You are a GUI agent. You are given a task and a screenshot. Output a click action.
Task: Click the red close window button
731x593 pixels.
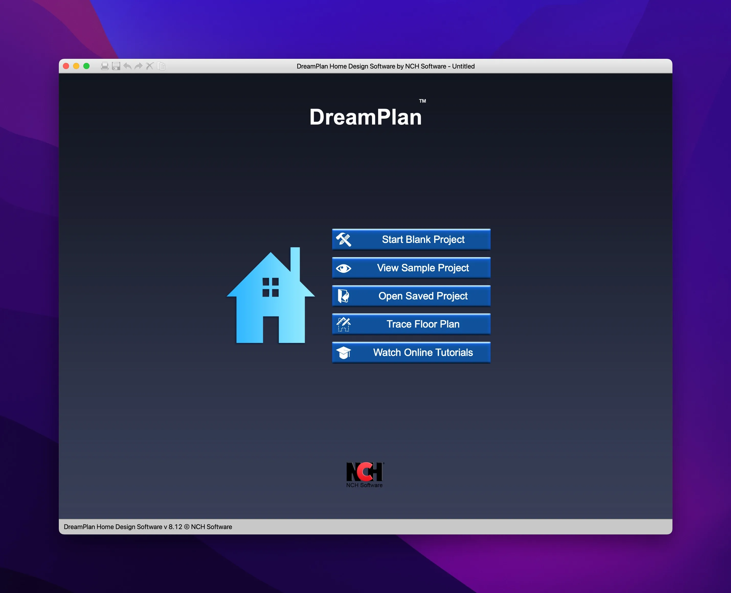click(66, 66)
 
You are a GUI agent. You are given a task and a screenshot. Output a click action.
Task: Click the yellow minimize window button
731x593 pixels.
click(76, 66)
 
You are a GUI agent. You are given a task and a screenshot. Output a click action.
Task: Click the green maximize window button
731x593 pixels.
click(86, 66)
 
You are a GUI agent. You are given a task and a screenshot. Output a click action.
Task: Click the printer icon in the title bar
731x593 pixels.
click(105, 66)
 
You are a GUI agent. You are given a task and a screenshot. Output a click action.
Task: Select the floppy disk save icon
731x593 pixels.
click(116, 66)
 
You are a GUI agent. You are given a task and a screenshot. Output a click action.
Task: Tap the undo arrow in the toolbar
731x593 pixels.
click(127, 66)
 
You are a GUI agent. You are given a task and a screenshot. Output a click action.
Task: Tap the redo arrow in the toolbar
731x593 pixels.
click(138, 66)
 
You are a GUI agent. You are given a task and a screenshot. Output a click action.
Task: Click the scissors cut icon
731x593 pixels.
click(150, 66)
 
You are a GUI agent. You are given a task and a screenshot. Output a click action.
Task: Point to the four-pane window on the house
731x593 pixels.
click(271, 287)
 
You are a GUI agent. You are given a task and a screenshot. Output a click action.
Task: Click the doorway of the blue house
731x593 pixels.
click(271, 330)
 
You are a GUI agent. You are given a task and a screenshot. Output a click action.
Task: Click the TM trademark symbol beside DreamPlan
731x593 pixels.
click(423, 101)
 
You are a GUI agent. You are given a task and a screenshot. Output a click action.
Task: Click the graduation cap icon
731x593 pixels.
click(344, 353)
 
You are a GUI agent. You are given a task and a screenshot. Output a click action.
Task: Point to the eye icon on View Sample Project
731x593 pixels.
click(344, 268)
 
